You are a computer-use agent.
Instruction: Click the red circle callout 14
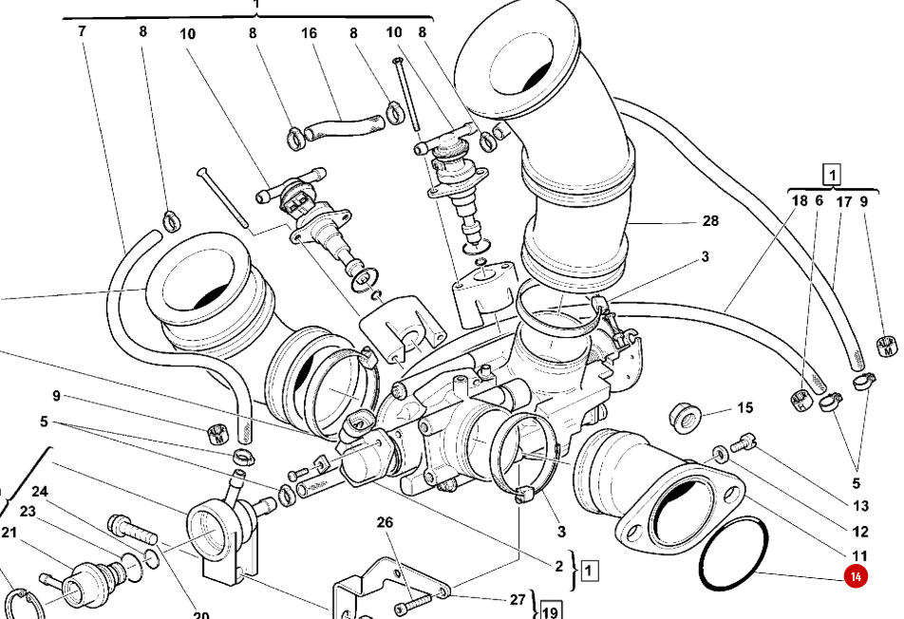(x=856, y=576)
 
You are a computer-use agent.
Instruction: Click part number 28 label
(x=710, y=222)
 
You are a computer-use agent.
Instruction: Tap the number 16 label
(x=310, y=33)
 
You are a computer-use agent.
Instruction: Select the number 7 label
(x=82, y=31)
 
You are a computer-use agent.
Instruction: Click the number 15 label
(x=745, y=408)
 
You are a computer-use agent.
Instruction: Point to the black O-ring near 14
(x=733, y=553)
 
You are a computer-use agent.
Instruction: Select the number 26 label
(x=384, y=523)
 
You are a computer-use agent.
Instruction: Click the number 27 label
(x=517, y=599)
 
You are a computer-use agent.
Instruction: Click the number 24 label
(x=39, y=492)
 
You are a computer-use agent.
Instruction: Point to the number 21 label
(x=9, y=533)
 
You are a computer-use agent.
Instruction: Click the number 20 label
(x=200, y=615)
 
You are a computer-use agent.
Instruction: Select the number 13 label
(x=860, y=507)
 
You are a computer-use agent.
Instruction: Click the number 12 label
(x=860, y=532)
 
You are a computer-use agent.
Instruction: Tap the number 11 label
(x=860, y=556)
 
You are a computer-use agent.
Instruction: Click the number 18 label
(x=799, y=201)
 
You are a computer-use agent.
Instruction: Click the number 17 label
(x=843, y=201)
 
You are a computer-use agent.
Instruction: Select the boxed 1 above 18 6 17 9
(x=831, y=175)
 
